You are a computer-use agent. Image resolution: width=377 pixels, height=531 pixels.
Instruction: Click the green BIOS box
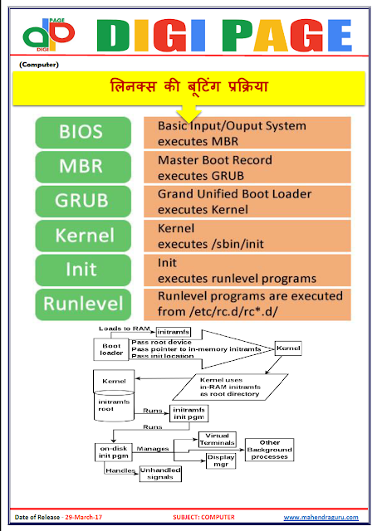click(82, 132)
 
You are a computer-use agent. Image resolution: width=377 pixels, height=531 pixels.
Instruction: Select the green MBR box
click(82, 167)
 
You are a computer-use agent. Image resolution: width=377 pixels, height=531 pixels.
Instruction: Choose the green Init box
click(82, 270)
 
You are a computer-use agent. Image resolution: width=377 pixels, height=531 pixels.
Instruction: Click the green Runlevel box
click(82, 304)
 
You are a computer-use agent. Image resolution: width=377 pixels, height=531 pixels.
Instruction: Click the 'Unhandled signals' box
click(159, 474)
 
